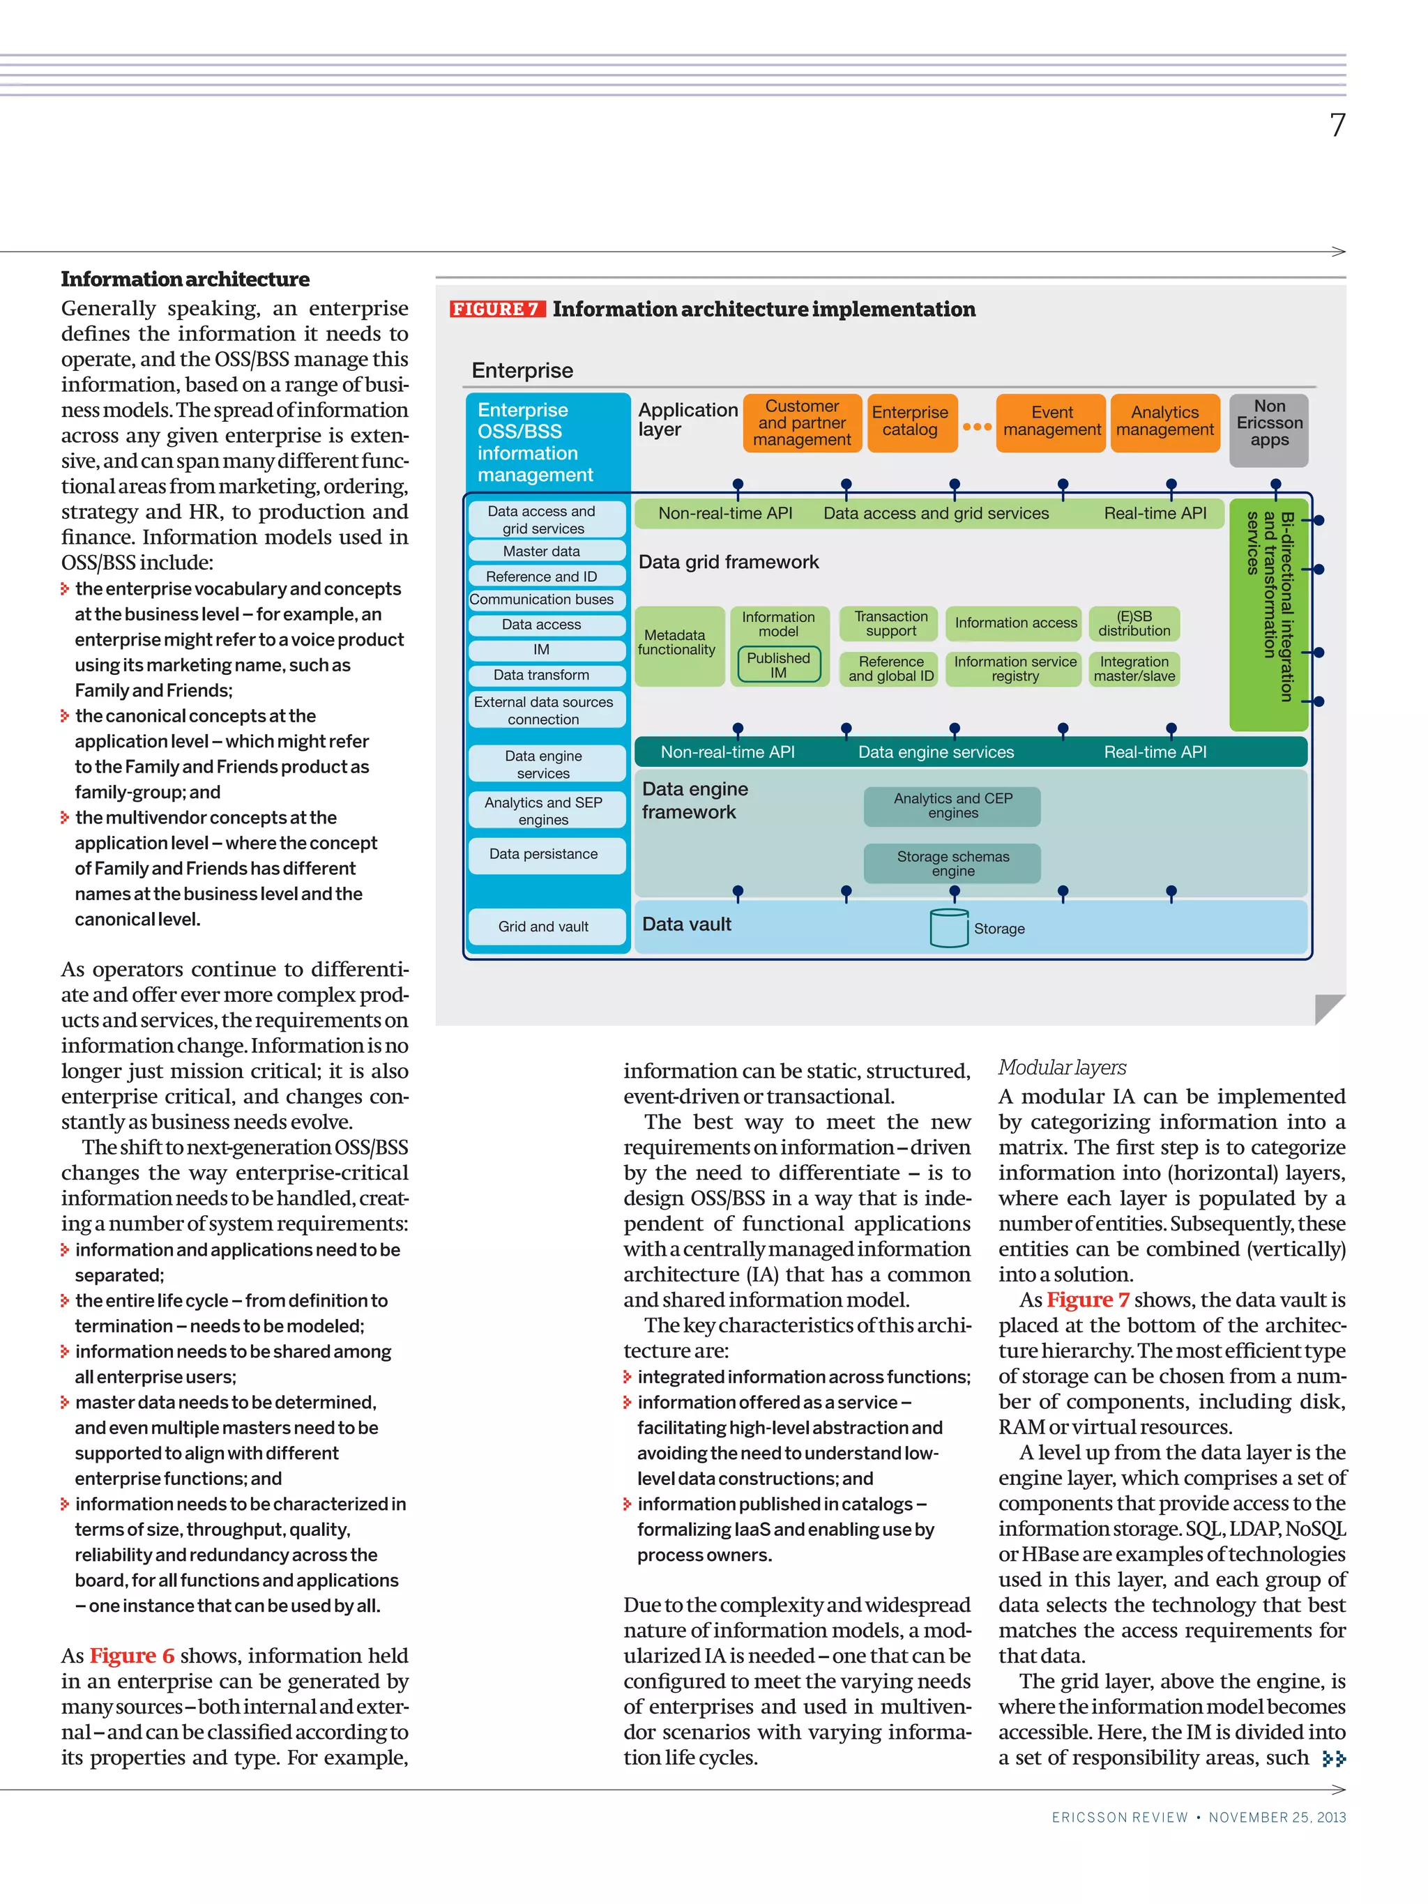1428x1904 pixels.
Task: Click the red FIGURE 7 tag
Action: point(496,309)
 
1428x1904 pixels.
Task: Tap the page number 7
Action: point(1337,125)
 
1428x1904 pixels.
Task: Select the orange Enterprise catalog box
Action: point(910,422)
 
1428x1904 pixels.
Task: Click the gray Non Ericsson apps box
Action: point(1269,423)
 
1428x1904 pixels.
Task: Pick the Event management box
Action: point(1051,422)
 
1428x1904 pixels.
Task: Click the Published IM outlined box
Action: point(778,664)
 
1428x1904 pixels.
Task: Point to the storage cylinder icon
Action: point(948,928)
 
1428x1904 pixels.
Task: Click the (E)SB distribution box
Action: point(1134,624)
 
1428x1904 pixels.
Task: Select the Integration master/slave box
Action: point(1134,669)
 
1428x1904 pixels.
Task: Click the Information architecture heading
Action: point(185,280)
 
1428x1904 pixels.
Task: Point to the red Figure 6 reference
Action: point(132,1655)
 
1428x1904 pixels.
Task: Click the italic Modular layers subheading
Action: point(1061,1067)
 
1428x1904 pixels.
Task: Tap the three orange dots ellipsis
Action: point(976,427)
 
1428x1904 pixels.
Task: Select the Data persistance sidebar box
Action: point(543,855)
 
